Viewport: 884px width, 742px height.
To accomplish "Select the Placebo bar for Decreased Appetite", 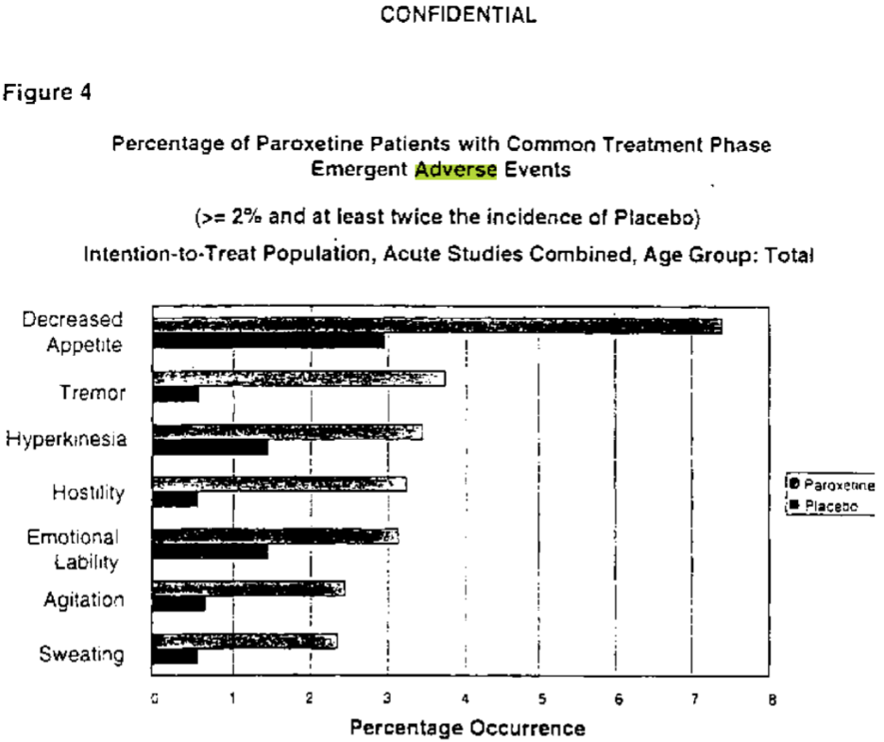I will pos(269,341).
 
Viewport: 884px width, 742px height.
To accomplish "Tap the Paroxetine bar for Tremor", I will pos(298,379).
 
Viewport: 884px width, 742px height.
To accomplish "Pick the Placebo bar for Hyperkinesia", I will pos(210,447).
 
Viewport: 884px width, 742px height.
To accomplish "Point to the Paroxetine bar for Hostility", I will pos(279,483).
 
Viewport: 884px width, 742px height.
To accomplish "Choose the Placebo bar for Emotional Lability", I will pos(210,550).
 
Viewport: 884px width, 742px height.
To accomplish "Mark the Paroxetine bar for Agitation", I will pos(247,588).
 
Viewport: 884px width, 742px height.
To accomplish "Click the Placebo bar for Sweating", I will pos(175,655).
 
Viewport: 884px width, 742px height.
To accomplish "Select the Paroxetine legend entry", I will pos(832,485).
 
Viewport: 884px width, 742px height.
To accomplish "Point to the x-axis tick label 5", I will pos(541,700).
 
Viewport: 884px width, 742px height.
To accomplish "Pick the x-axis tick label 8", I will pos(773,700).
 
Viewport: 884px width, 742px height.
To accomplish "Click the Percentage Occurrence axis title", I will pos(467,728).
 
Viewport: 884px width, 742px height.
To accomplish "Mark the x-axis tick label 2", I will pos(310,700).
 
